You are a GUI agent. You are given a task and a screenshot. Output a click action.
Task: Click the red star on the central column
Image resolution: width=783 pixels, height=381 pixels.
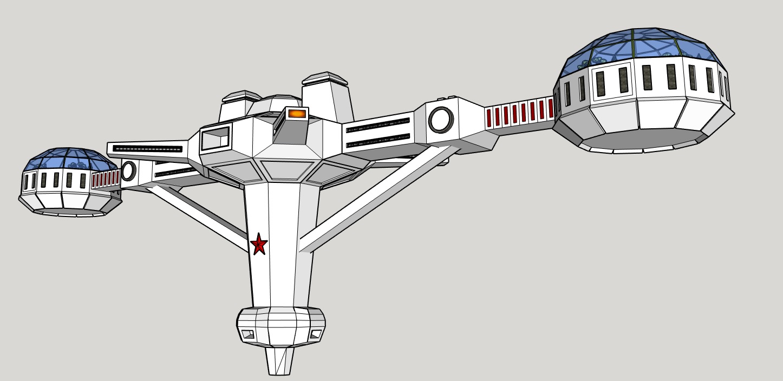tap(259, 244)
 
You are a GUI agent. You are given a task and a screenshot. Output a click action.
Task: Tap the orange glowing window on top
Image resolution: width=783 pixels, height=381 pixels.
tap(297, 114)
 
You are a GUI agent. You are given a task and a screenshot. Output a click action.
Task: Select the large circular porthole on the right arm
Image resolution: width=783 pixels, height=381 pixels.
tap(441, 120)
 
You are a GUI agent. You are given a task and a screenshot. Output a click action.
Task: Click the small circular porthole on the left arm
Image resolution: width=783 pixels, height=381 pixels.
tap(129, 170)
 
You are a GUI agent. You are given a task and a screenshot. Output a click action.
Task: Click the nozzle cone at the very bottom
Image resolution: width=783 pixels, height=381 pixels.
tap(280, 360)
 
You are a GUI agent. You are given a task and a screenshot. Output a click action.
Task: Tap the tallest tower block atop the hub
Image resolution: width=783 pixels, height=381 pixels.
tap(326, 100)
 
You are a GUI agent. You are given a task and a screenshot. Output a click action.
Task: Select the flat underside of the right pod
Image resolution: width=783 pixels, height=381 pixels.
tap(642, 138)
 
